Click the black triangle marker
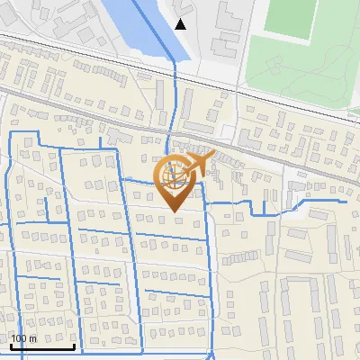click(181, 24)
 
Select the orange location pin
click(176, 180)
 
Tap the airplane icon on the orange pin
click(199, 163)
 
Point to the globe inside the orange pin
click(175, 175)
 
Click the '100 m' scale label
click(24, 338)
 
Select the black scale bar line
click(41, 346)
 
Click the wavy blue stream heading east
click(270, 209)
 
